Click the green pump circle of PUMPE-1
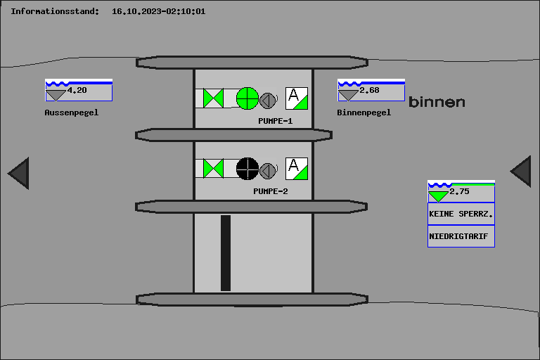[x=247, y=98]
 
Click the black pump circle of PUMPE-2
[x=247, y=169]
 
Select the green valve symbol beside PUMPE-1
[x=213, y=98]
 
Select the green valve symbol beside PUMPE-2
[x=213, y=169]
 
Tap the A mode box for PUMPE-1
[x=297, y=98]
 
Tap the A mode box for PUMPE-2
[x=297, y=169]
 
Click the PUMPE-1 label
[x=275, y=121]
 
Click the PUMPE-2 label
[x=271, y=191]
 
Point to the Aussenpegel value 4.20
[x=77, y=90]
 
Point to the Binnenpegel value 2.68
[x=369, y=90]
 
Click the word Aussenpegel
[x=71, y=112]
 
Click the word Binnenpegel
[x=364, y=112]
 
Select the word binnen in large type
[x=437, y=102]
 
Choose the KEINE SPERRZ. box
[x=461, y=214]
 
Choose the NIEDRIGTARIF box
[x=461, y=236]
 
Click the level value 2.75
[x=459, y=191]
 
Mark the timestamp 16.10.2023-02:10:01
[x=158, y=11]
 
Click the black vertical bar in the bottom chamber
[x=226, y=253]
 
